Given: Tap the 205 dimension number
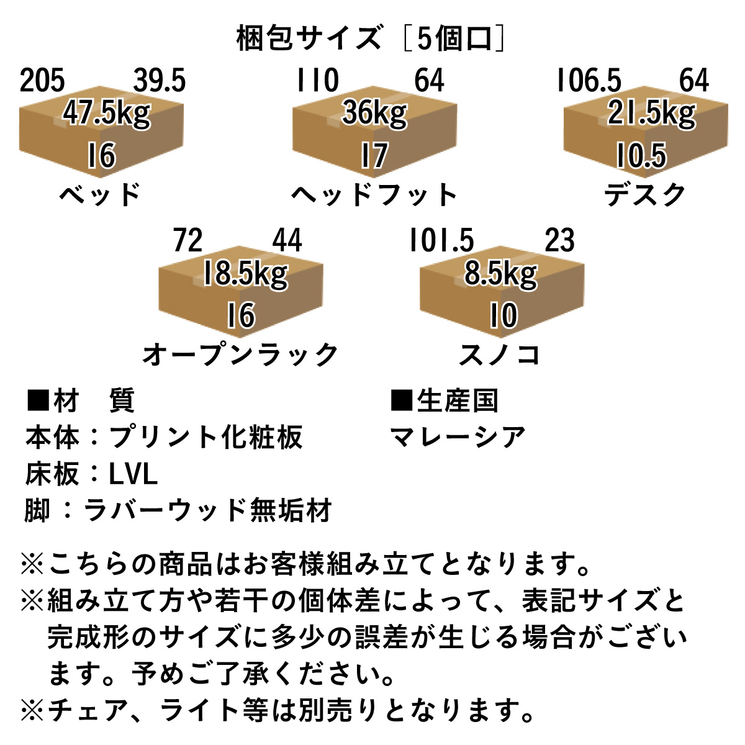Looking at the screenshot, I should coord(42,81).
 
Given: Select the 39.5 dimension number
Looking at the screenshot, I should coord(159,81).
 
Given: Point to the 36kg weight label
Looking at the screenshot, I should coord(374,114).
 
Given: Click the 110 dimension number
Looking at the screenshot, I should coord(317,81).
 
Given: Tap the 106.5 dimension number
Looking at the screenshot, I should coord(589,81).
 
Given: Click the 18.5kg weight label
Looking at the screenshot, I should coord(245,274).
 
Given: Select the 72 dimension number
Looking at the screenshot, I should coord(188,241).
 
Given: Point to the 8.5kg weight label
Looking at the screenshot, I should coord(500,274).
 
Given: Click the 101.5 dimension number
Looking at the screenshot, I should coord(441,241).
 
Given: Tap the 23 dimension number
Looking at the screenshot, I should coord(559,241).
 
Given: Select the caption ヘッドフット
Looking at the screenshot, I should coord(374,195).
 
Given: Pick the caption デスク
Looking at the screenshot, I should coord(645,195).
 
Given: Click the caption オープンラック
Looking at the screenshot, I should coord(241,354).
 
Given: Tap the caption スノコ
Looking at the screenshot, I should coord(500,354).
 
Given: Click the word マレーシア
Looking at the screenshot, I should coord(458,438).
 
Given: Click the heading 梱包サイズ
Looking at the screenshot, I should coord(309,38).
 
